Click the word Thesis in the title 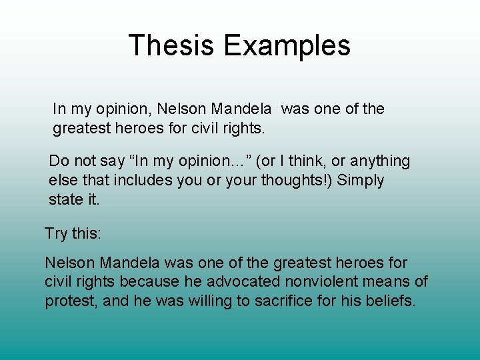coord(172,45)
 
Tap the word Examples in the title coord(287,45)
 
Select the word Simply coord(361,181)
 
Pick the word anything coord(380,161)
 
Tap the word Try coord(56,233)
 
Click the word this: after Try coord(87,233)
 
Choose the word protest coord(70,301)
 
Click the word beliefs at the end coord(391,301)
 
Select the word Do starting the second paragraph coord(59,161)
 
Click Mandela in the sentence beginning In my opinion coord(243,109)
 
